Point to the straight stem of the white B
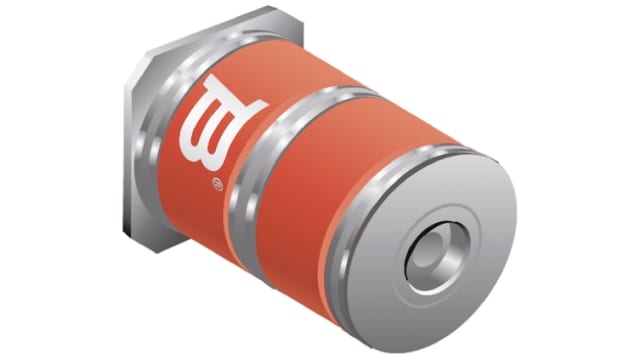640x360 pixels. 196,130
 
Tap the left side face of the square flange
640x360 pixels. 130,150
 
